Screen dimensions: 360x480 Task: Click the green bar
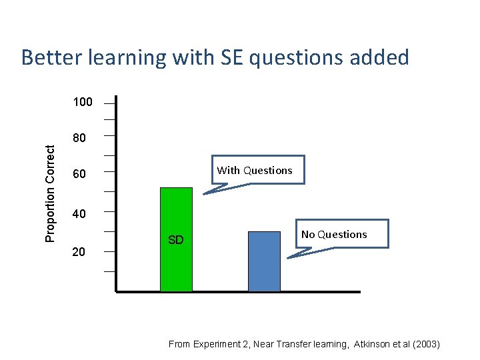point(176,239)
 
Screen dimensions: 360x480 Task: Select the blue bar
point(264,261)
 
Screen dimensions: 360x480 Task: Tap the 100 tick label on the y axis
point(83,103)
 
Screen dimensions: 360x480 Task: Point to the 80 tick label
point(79,139)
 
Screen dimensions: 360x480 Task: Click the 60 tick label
point(79,175)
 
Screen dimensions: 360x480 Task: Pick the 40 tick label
point(79,214)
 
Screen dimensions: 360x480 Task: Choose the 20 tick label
point(79,252)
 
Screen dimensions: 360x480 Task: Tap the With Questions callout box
point(254,170)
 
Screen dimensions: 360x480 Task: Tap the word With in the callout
point(229,170)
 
